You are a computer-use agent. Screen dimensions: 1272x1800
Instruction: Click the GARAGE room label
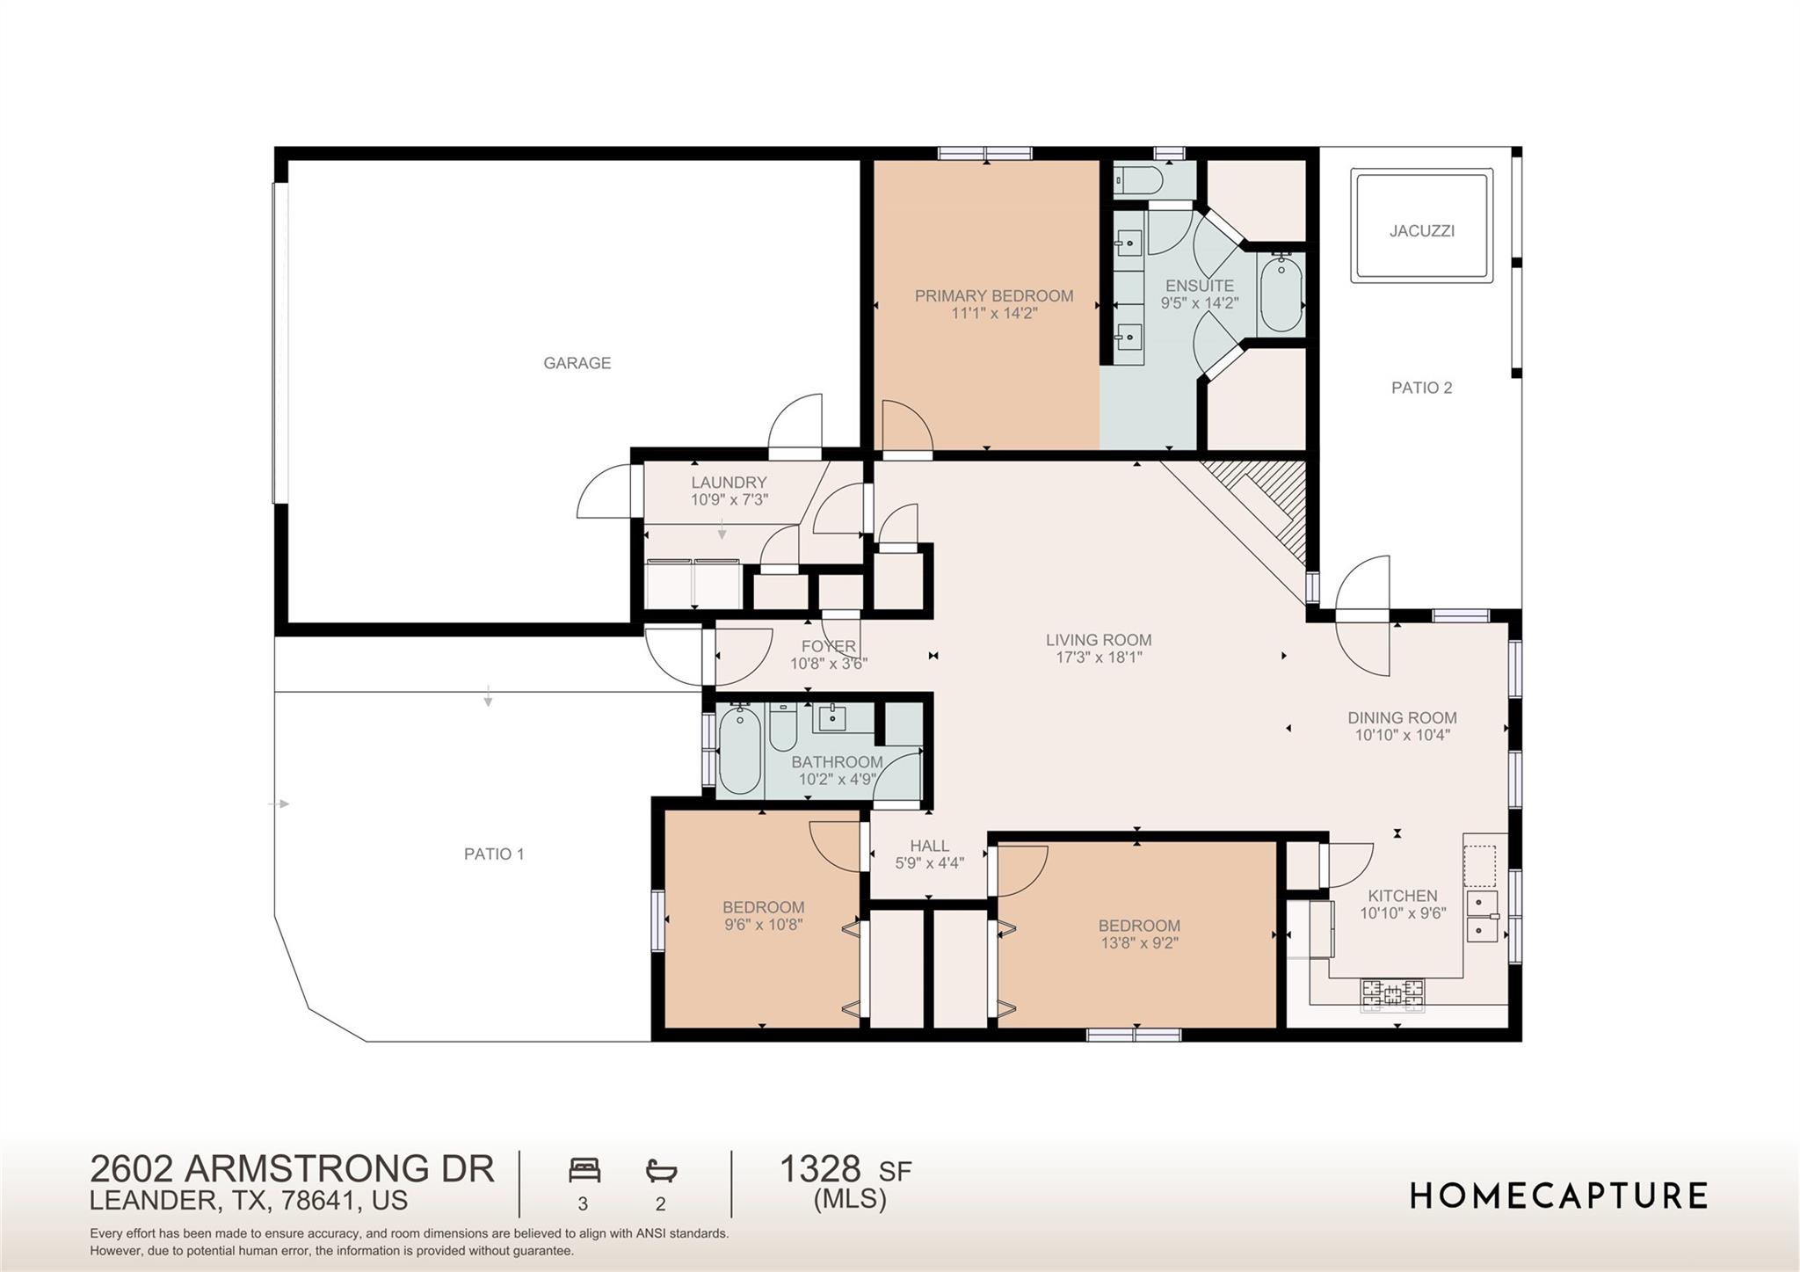click(577, 363)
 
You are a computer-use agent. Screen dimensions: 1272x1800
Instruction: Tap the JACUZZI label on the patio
click(1421, 231)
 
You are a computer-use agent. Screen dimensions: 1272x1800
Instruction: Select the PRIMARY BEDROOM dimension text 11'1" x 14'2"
click(994, 313)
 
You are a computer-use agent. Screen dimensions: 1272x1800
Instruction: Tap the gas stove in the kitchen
click(1392, 993)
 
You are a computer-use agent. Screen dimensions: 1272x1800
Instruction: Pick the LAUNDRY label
click(729, 483)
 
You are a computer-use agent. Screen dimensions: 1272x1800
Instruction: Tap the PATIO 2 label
click(1421, 388)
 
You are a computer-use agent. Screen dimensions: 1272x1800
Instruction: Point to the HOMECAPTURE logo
click(1558, 1196)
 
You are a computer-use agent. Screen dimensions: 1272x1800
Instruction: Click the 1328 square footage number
click(820, 1169)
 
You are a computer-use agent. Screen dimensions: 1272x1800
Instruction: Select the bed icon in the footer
click(584, 1170)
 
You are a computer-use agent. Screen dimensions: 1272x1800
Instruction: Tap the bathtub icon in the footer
click(661, 1170)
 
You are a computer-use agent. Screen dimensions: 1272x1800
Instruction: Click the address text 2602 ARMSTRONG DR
click(292, 1169)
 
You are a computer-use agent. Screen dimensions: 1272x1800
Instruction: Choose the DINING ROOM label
click(1402, 718)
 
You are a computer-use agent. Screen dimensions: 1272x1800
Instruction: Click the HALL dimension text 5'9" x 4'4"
click(929, 863)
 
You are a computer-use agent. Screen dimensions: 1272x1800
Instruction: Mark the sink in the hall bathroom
click(831, 718)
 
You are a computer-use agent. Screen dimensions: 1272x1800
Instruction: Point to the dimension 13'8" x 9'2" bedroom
click(1138, 943)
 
